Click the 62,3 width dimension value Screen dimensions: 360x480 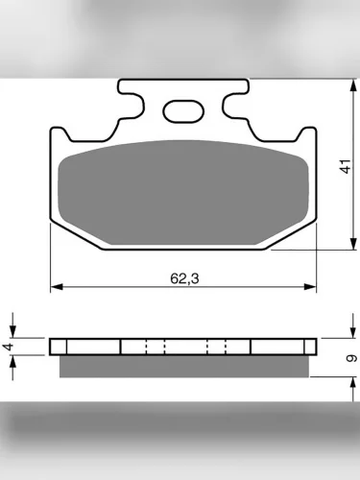pyautogui.click(x=184, y=278)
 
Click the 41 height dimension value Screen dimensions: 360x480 pyautogui.click(x=346, y=166)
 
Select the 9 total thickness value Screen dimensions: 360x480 pyautogui.click(x=351, y=358)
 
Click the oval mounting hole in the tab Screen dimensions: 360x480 pyautogui.click(x=183, y=111)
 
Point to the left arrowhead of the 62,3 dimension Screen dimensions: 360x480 pyautogui.click(x=57, y=287)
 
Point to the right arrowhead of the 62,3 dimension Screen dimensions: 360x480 pyautogui.click(x=310, y=287)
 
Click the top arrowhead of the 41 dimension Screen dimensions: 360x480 pyautogui.click(x=353, y=85)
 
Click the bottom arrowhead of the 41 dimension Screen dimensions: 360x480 pyautogui.click(x=353, y=243)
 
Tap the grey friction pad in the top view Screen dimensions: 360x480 pyautogui.click(x=183, y=193)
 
